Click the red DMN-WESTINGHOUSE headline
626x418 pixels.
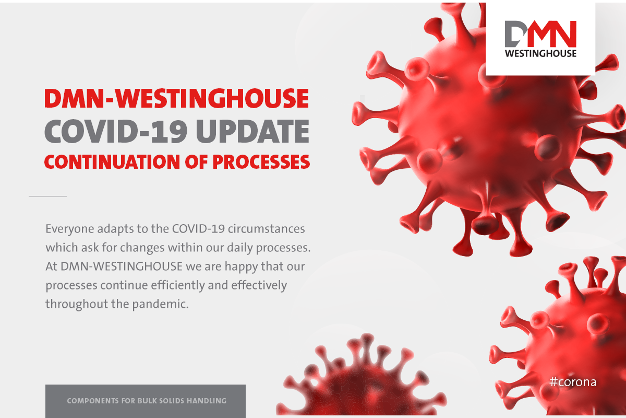click(176, 98)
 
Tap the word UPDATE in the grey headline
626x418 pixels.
click(252, 131)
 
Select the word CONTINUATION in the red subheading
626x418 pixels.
click(112, 162)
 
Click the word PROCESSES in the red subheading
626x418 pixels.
click(261, 162)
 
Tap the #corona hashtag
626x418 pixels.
click(573, 382)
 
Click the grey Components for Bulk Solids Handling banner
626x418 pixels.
click(146, 401)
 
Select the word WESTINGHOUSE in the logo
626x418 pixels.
click(540, 53)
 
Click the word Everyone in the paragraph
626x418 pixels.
click(69, 229)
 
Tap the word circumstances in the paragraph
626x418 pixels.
click(267, 229)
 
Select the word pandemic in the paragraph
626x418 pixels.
click(160, 304)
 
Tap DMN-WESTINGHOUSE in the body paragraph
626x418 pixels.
click(122, 266)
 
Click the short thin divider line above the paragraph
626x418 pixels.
click(47, 196)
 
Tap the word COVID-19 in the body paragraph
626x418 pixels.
click(198, 229)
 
